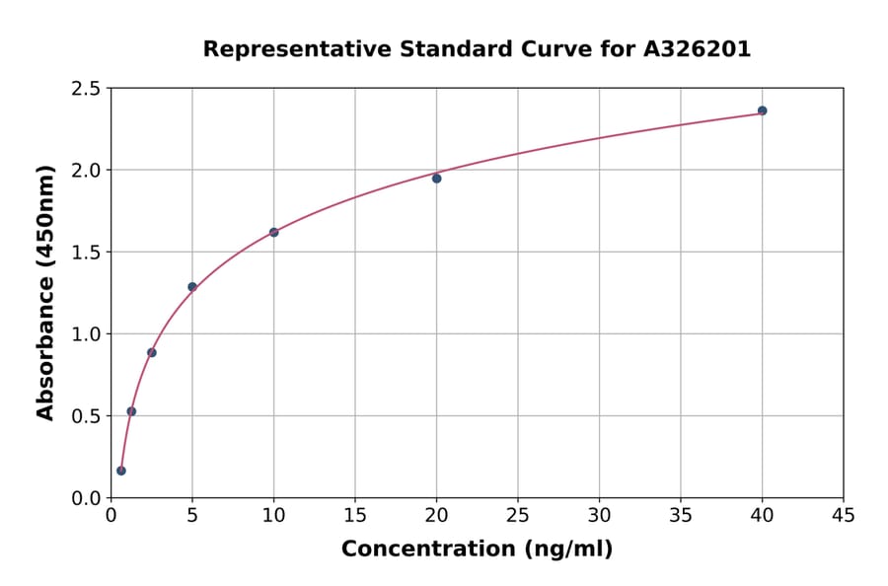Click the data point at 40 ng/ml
coord(762,110)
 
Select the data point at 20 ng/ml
coord(436,179)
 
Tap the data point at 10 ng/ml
coord(273,233)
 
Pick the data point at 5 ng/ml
coord(192,287)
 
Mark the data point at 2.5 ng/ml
coord(151,352)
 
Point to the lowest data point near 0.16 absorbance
coord(121,471)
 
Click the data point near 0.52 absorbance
coord(131,411)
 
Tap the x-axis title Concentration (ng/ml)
coord(477,549)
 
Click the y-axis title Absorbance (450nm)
coord(45,292)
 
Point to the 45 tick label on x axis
coord(843,515)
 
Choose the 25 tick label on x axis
coord(517,515)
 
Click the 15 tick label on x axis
coord(354,515)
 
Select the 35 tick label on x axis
coord(680,515)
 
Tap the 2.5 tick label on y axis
coord(85,89)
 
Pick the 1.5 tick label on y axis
coord(85,253)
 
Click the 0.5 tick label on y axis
coord(85,416)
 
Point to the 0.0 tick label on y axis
coord(85,498)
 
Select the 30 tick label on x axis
coord(599,515)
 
